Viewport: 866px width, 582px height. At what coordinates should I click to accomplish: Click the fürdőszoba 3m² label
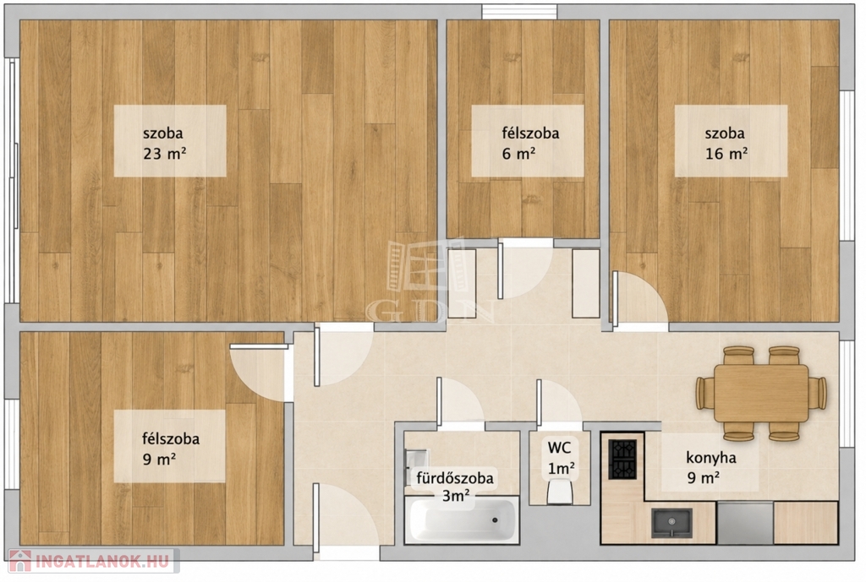pos(455,486)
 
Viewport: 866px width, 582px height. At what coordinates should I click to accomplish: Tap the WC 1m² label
pos(562,457)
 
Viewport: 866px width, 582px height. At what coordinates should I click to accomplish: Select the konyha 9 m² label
pos(710,466)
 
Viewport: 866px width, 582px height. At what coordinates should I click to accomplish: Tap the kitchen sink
pos(671,522)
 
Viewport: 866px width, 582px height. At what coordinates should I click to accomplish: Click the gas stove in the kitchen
pos(623,459)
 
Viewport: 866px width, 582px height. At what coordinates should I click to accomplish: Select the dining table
pos(761,393)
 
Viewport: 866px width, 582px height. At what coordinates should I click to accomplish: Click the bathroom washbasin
pos(416,460)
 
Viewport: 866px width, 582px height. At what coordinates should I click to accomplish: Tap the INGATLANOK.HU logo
pos(91,562)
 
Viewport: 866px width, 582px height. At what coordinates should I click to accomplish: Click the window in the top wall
pos(519,12)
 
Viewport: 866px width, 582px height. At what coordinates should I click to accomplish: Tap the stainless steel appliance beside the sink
pos(744,523)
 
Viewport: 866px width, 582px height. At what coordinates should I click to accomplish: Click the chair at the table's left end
pos(705,394)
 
